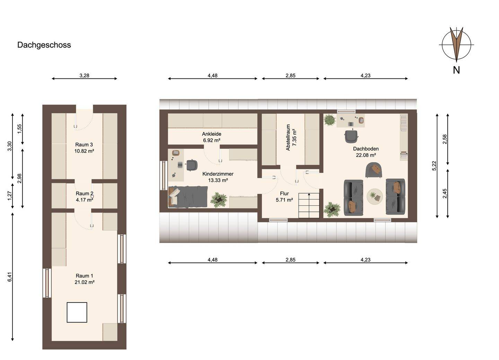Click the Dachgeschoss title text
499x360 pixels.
(44, 45)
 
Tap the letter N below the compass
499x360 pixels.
(456, 70)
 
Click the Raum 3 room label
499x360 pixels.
(84, 145)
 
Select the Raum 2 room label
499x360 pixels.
(84, 194)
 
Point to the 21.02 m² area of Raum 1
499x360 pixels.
(85, 282)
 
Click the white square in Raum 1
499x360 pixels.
(77, 312)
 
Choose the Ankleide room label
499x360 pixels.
(211, 134)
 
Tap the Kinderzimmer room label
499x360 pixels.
(218, 174)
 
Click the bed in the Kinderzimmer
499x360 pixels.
(188, 197)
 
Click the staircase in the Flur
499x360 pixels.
(308, 205)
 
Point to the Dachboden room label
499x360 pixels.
(366, 149)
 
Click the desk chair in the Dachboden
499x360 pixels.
(351, 136)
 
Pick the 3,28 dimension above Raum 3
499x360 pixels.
(84, 75)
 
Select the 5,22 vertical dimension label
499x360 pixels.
(434, 166)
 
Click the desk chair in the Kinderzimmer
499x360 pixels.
(191, 165)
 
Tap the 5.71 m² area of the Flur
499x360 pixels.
(284, 200)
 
